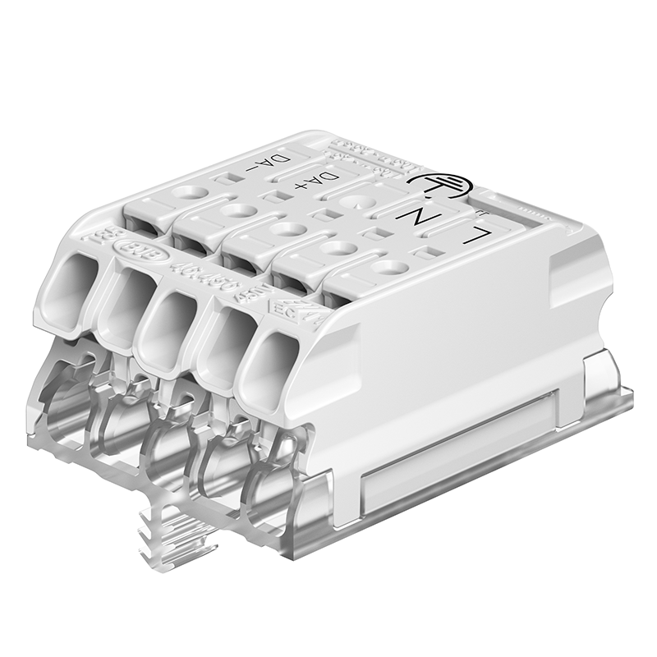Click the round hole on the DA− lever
click(x=190, y=194)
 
